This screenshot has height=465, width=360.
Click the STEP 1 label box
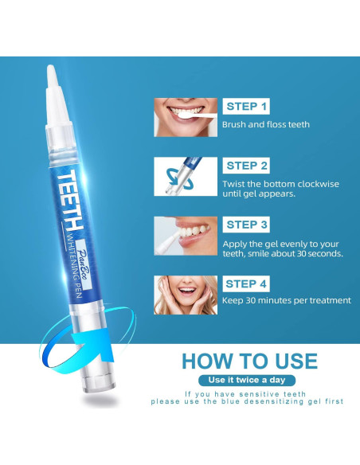pos(246,106)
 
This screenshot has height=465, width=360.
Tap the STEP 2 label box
pos(246,166)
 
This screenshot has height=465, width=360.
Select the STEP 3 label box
pos(246,225)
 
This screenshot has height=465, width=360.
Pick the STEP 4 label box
pos(246,283)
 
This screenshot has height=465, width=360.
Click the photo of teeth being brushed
pos(186,117)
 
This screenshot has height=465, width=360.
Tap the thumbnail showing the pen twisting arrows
pos(186,177)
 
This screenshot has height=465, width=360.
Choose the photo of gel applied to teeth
pos(186,236)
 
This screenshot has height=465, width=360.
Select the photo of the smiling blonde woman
pos(186,295)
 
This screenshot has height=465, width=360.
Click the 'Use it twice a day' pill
pos(247,380)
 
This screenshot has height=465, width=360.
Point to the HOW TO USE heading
pos(249,361)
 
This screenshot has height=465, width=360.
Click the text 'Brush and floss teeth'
pos(266,124)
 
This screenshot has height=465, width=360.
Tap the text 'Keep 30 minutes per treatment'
pos(287,300)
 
